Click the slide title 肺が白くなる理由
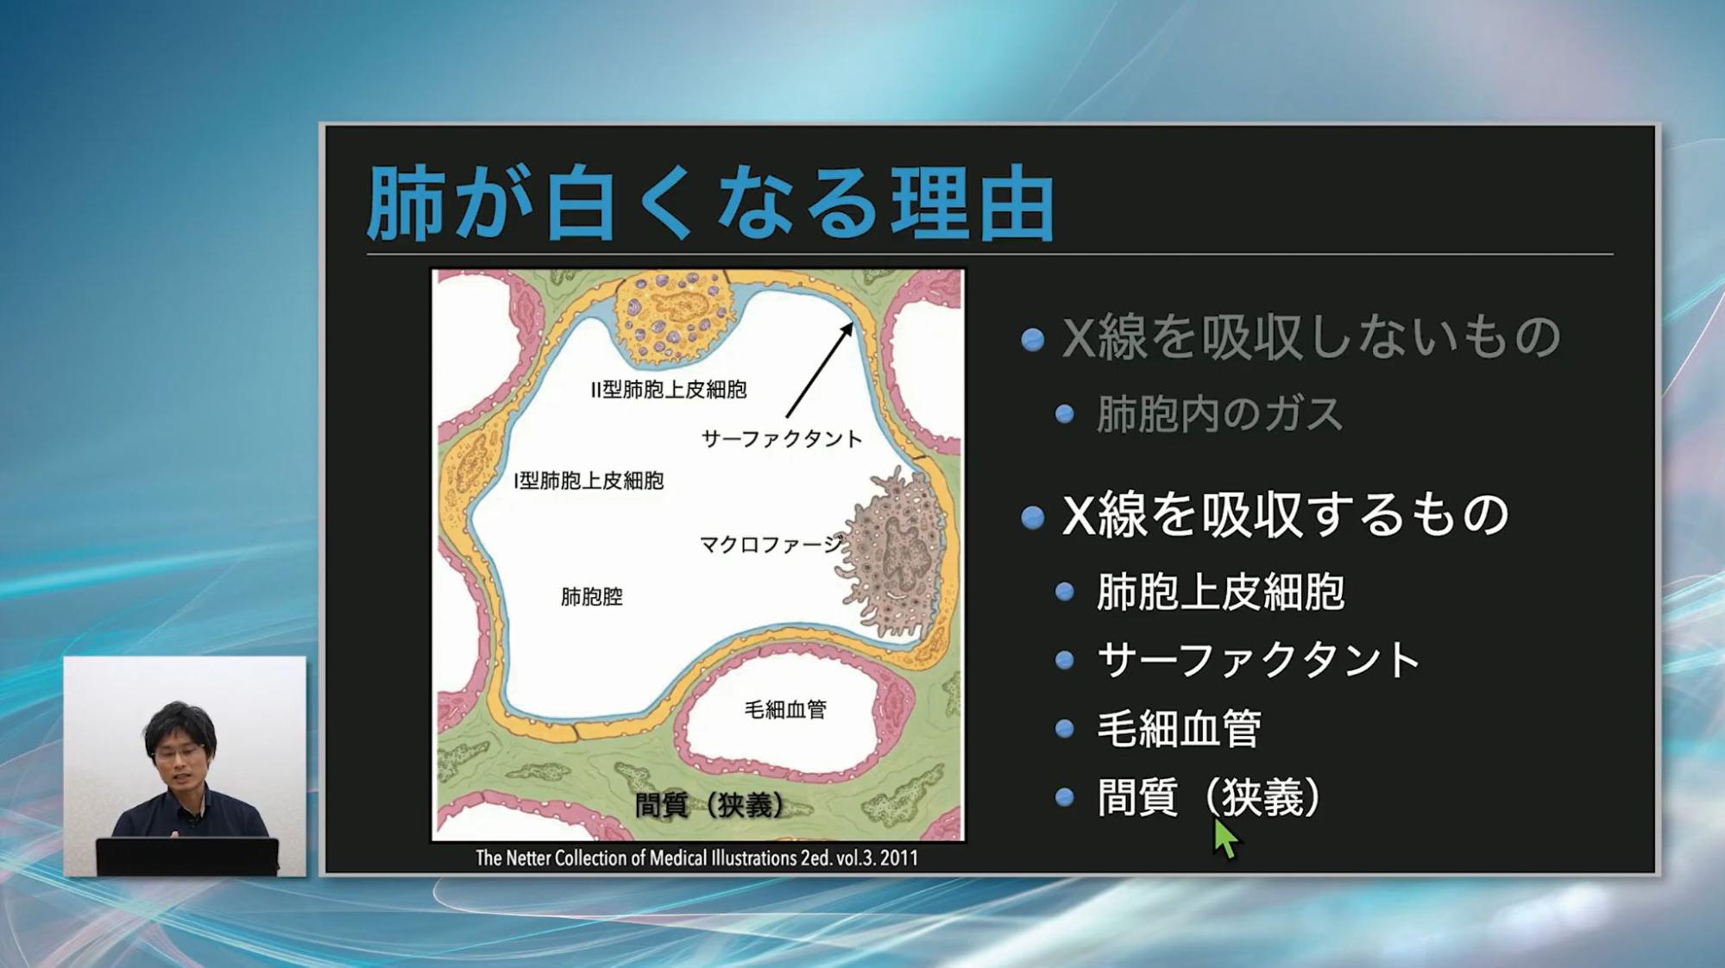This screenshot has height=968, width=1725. click(x=710, y=204)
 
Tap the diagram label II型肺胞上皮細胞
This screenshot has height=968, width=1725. click(x=669, y=390)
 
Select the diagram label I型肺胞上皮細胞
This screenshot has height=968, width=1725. click(x=589, y=481)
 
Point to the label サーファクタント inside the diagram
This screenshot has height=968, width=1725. click(x=782, y=439)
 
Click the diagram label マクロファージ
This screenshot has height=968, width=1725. click(x=771, y=544)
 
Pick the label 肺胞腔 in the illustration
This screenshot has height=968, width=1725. click(x=592, y=596)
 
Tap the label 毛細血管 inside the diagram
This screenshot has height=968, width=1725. click(x=785, y=709)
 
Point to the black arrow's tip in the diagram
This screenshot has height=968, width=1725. click(x=853, y=324)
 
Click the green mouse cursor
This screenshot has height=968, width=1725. click(x=1224, y=837)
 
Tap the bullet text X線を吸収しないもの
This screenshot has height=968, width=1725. click(x=1311, y=336)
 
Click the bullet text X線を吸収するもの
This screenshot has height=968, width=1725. click(x=1285, y=514)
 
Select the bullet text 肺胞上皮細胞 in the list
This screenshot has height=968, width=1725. click(x=1220, y=592)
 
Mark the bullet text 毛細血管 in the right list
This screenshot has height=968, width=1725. click(x=1179, y=728)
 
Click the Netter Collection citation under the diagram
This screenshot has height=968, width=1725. click(x=697, y=858)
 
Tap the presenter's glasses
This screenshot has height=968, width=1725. click(x=179, y=752)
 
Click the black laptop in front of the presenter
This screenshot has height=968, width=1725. click(x=187, y=857)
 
